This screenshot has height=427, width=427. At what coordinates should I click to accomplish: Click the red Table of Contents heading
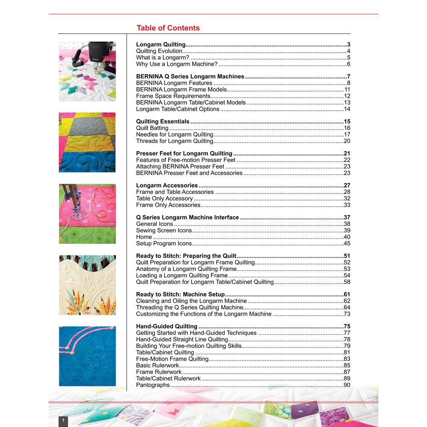[x=168, y=28]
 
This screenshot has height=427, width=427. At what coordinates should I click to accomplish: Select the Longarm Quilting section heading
[x=161, y=44]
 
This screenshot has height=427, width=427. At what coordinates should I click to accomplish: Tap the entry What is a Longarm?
[x=163, y=58]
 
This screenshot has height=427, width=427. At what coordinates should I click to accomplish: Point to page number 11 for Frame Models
[x=347, y=90]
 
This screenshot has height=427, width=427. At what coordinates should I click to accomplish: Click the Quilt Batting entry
[x=152, y=128]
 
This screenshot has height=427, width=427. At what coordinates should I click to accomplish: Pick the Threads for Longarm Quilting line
[x=174, y=141]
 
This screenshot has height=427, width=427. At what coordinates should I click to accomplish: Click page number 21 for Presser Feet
[x=347, y=154]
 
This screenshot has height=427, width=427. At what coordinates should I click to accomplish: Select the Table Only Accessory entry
[x=164, y=199]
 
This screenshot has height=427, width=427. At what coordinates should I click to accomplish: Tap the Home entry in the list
[x=144, y=237]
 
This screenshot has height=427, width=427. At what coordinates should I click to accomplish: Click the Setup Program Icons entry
[x=164, y=243]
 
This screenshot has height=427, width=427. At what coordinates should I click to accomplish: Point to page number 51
[x=347, y=256]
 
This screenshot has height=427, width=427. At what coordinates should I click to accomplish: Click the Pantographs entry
[x=153, y=385]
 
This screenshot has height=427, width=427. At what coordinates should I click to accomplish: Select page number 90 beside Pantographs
[x=347, y=385]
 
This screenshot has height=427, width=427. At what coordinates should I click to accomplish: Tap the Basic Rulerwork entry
[x=157, y=366]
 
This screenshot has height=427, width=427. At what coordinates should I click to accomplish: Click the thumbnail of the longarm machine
[x=87, y=71]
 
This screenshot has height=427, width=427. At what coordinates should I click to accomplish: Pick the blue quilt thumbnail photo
[x=87, y=356]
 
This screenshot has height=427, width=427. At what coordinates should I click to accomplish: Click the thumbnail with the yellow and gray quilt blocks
[x=87, y=142]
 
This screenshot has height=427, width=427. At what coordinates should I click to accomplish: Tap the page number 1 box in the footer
[x=63, y=421]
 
